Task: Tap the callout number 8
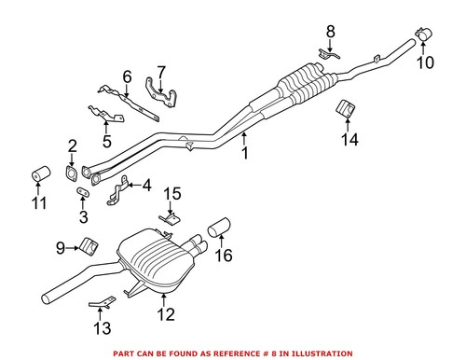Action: [x=329, y=33]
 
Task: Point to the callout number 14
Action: [x=349, y=141]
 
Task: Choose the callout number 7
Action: [x=160, y=71]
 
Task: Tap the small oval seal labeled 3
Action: [x=82, y=194]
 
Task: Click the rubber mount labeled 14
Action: [x=346, y=110]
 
